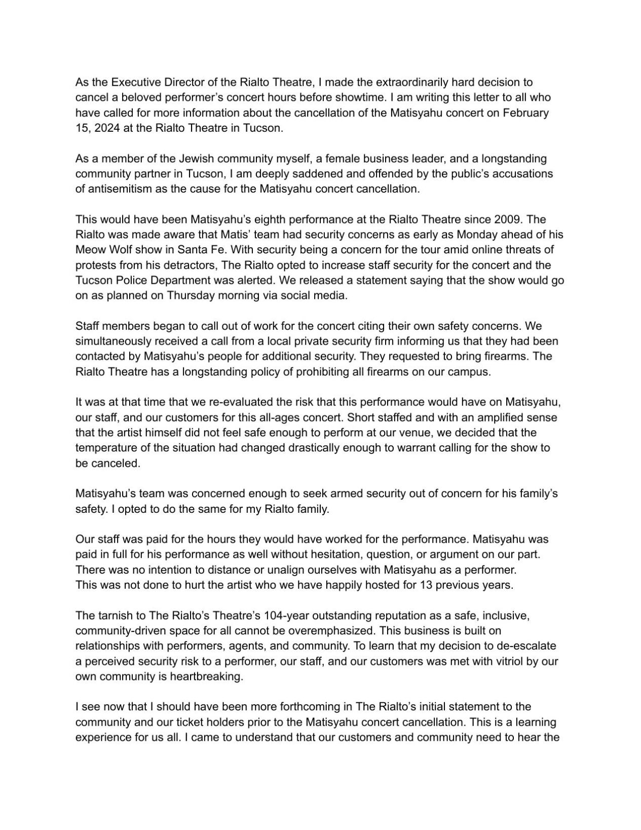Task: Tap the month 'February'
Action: coord(525,112)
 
